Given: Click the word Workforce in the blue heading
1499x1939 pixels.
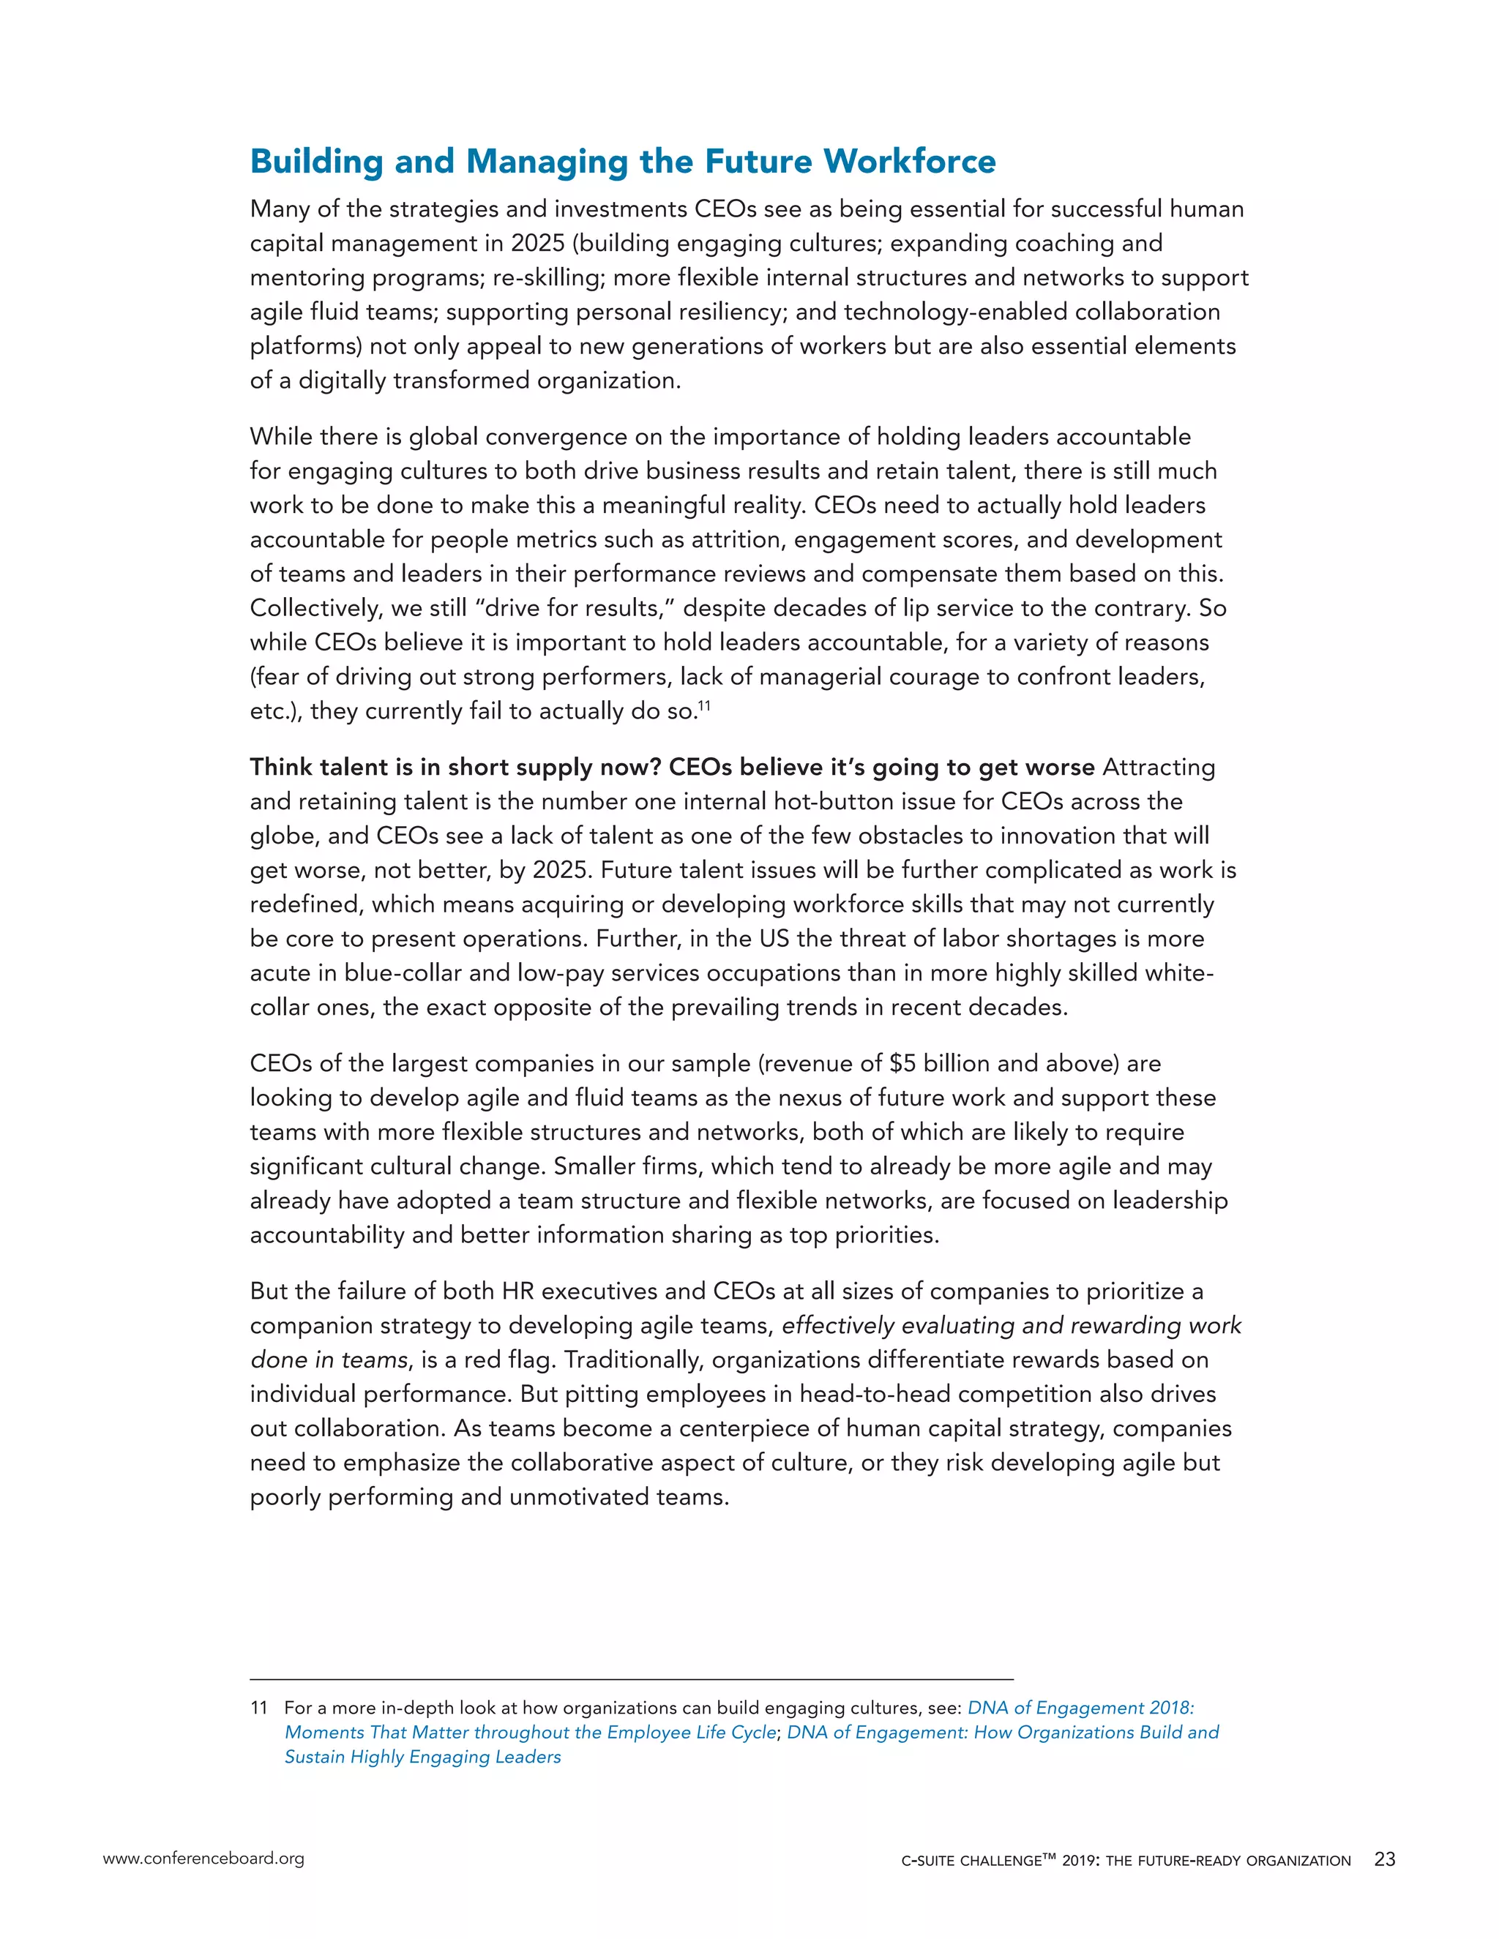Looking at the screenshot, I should (909, 162).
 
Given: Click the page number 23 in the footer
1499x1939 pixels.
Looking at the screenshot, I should (1384, 1859).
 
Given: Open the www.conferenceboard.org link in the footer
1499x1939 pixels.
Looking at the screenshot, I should (203, 1859).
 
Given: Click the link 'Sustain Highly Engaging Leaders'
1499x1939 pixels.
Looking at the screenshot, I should (423, 1757).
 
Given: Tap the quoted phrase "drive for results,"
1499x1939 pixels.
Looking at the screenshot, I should (578, 608).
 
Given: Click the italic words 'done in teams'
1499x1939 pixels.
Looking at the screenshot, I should (329, 1360).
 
